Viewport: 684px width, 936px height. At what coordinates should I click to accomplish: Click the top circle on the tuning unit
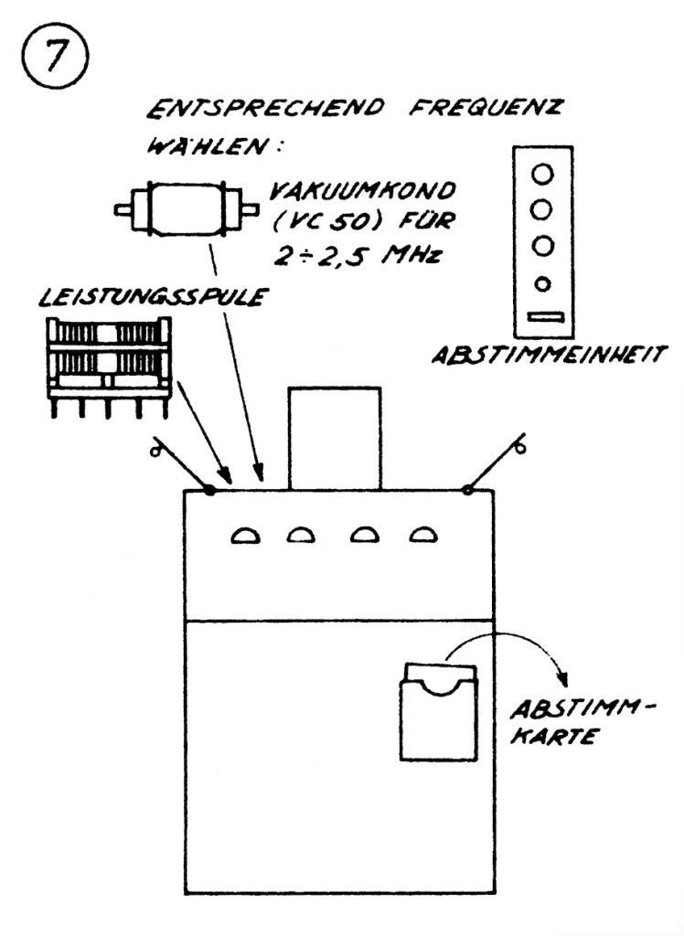click(x=543, y=171)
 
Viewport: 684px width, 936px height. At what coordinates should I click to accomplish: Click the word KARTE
click(x=548, y=737)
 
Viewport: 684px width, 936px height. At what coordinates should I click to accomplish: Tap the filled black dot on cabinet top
click(x=209, y=490)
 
